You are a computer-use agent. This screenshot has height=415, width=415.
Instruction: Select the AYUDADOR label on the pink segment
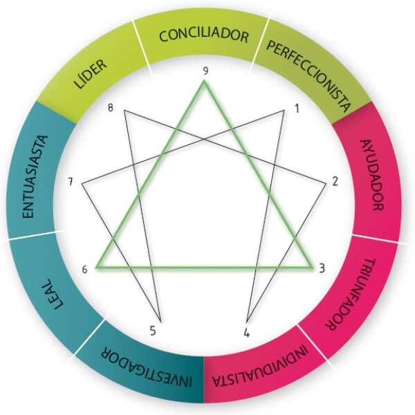click(x=371, y=176)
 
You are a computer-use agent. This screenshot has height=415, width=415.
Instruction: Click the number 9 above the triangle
click(x=205, y=71)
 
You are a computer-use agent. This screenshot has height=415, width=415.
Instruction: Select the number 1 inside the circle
click(x=296, y=109)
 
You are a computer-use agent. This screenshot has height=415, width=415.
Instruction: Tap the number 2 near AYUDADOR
click(x=335, y=182)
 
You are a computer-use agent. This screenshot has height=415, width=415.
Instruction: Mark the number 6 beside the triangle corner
click(x=84, y=269)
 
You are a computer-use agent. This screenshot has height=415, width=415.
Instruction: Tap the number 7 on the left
click(x=71, y=183)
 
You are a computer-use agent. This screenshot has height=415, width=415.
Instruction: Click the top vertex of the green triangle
click(x=205, y=82)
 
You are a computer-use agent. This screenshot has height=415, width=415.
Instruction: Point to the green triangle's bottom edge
click(x=204, y=266)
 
